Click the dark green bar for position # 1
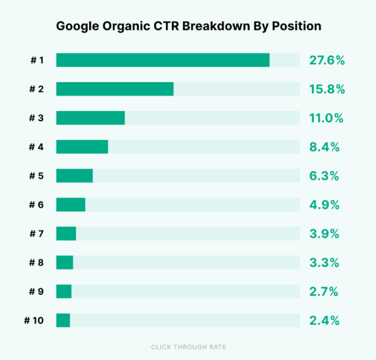[x=163, y=60]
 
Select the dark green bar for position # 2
[x=115, y=89]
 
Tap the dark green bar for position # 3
[x=90, y=118]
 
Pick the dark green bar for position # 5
[x=75, y=176]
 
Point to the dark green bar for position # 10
[x=63, y=320]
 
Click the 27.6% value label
[x=327, y=60]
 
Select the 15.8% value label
[x=327, y=89]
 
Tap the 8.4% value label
[x=324, y=147]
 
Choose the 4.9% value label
[x=324, y=205]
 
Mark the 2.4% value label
[x=324, y=320]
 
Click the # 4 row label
[x=37, y=147]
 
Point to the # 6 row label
[x=37, y=205]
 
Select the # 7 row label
[x=37, y=234]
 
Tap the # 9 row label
[x=37, y=291]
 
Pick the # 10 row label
[x=34, y=320]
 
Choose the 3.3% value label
[x=324, y=263]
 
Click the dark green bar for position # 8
[x=64, y=263]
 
